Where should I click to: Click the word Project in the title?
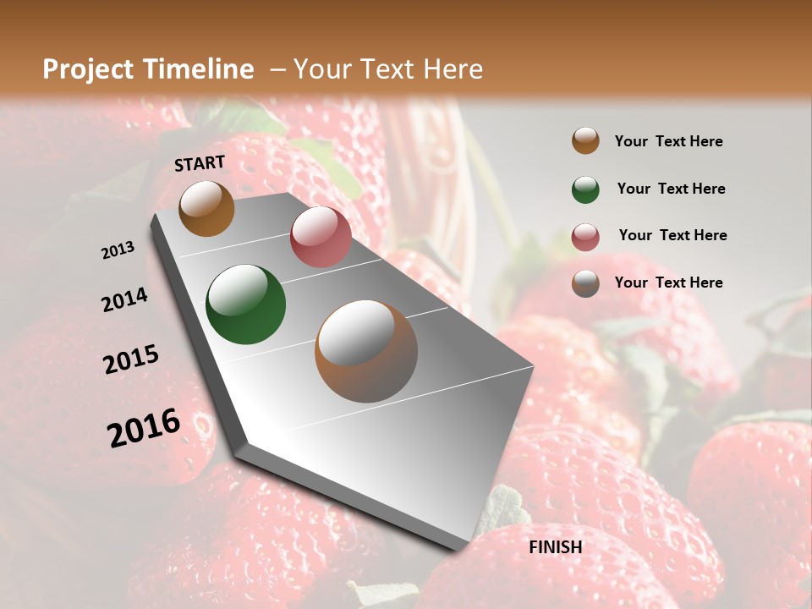[x=88, y=70]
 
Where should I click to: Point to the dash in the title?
[x=277, y=69]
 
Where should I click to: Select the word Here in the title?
[x=447, y=69]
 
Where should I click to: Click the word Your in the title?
[x=321, y=69]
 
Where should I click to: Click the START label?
[x=200, y=163]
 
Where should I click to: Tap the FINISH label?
[x=556, y=547]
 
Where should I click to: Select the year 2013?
[x=118, y=250]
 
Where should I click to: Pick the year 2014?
[x=124, y=299]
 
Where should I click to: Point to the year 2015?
[x=131, y=359]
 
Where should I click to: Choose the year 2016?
[x=144, y=427]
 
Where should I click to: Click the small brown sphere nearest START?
[x=206, y=208]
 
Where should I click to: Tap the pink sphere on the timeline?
[x=321, y=237]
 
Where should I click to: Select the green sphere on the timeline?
[x=245, y=304]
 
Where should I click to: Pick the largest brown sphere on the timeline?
[x=366, y=351]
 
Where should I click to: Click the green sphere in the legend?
[x=585, y=189]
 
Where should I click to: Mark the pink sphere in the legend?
[x=585, y=237]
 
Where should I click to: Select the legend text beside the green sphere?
[x=671, y=189]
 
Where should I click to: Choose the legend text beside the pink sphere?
[x=672, y=235]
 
